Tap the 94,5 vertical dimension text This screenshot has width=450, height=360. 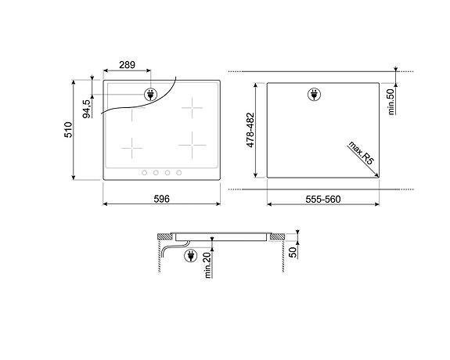click(86, 107)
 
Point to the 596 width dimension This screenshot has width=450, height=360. click(161, 199)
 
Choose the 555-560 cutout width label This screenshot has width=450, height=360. click(322, 199)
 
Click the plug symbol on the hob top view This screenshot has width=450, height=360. click(149, 95)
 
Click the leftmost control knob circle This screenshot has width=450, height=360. click(144, 172)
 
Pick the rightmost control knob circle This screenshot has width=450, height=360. click(179, 172)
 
